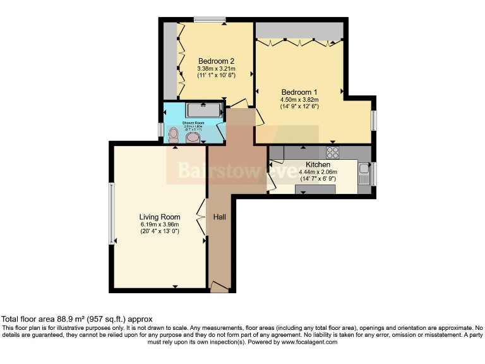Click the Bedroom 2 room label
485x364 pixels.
216,61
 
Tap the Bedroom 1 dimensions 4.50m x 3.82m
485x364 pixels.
299,99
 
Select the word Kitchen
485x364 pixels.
318,164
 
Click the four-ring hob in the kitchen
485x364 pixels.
332,152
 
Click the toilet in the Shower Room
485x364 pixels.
174,134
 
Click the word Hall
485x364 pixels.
220,217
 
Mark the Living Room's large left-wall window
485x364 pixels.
112,213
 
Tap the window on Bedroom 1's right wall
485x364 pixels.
374,120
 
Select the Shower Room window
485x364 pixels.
162,130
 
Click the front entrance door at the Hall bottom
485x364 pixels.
219,288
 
